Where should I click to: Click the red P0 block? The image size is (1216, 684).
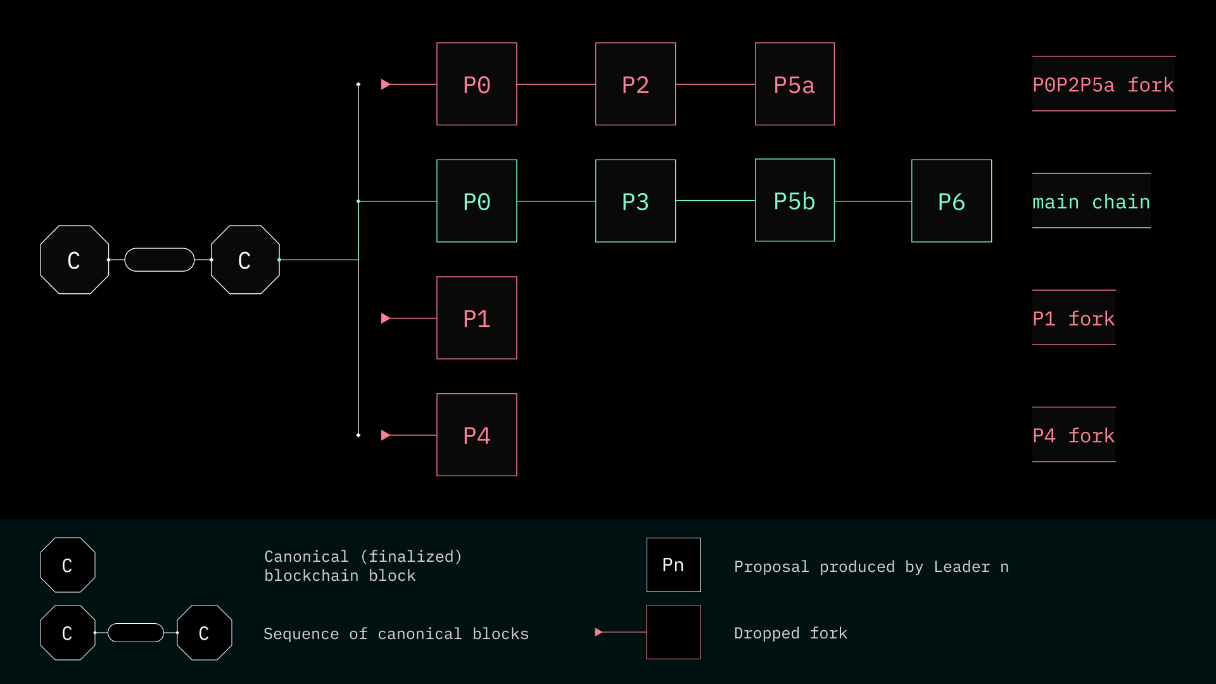pos(476,84)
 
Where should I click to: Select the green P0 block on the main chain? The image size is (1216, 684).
pos(476,201)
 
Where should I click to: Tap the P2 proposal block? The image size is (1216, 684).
pos(635,84)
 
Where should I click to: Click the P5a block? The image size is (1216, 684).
pos(794,84)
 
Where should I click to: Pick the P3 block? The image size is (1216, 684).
pos(635,201)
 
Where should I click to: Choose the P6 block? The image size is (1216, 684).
pos(951,201)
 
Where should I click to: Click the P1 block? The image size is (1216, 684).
pos(476,318)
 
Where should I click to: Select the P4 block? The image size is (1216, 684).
pos(476,435)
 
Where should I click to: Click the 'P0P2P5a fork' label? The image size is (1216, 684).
pos(1103,84)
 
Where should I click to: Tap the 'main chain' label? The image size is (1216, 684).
pos(1091,201)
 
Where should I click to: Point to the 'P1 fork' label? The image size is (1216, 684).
pos(1073,318)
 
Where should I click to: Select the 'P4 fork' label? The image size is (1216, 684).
pos(1073,435)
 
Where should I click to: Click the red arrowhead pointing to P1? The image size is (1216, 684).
pos(385,318)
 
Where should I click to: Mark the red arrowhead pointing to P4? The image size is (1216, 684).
pos(385,435)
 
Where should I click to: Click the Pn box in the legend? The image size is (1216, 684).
pos(673,565)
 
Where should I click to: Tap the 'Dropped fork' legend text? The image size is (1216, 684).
pos(790,633)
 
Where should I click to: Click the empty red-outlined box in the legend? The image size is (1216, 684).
pos(673,632)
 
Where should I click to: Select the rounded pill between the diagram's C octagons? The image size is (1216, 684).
pos(160,260)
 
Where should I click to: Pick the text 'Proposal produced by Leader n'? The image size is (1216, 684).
pos(871,567)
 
